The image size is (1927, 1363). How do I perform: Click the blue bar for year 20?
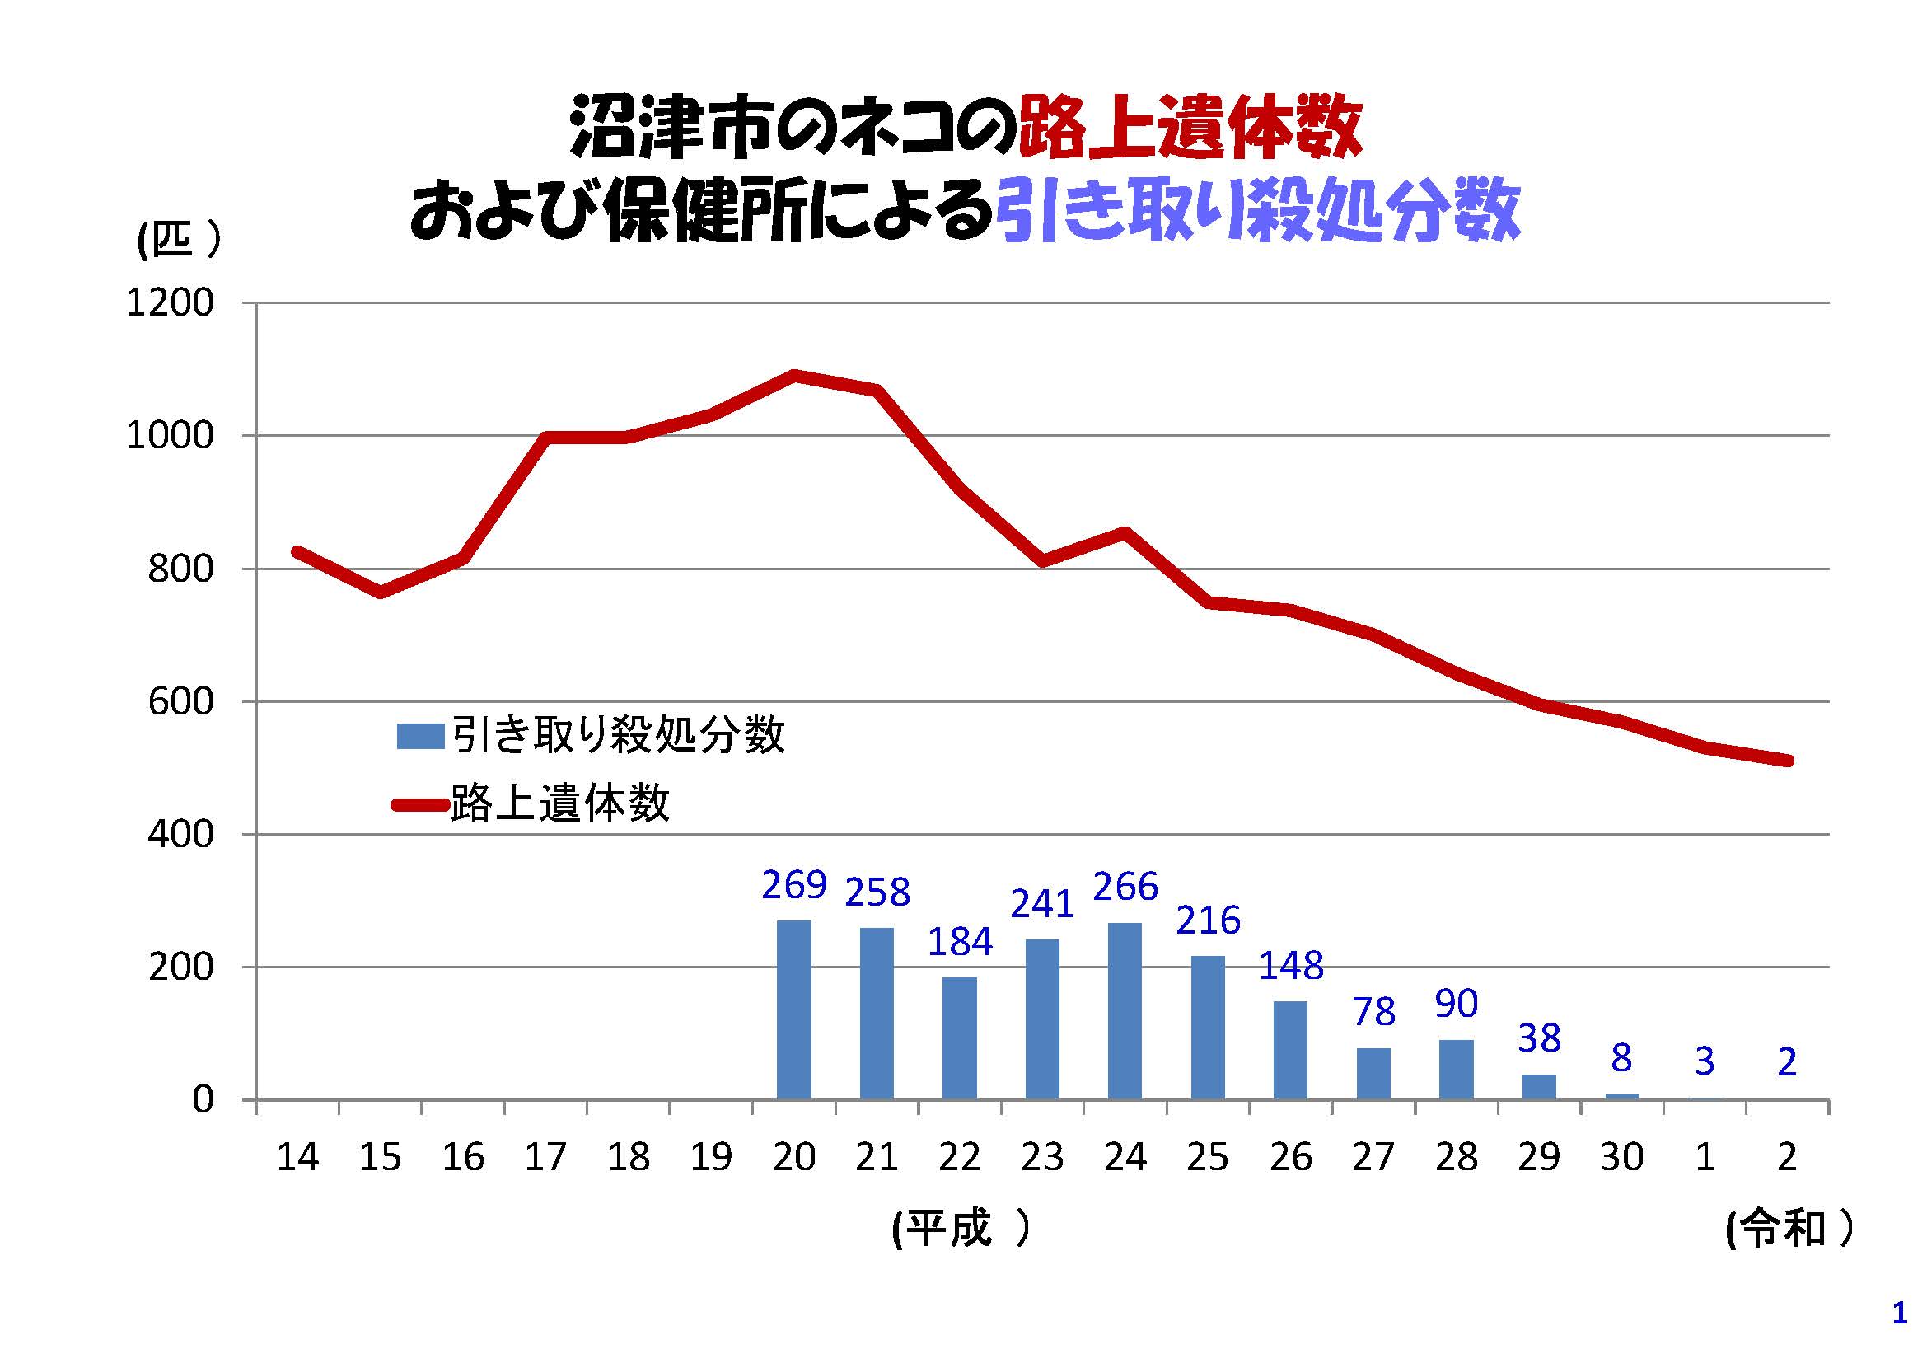pyautogui.click(x=794, y=1009)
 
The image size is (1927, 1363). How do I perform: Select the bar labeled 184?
pyautogui.click(x=959, y=1038)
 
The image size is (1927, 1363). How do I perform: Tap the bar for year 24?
pyautogui.click(x=1125, y=1010)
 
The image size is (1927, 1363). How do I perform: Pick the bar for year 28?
pyautogui.click(x=1456, y=1070)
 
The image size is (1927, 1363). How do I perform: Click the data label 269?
pyautogui.click(x=794, y=884)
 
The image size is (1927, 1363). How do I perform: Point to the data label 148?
pyautogui.click(x=1291, y=966)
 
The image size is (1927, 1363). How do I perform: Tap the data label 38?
pyautogui.click(x=1538, y=1039)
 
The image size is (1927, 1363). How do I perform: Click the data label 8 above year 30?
pyautogui.click(x=1621, y=1058)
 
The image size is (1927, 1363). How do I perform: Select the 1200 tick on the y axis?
pyautogui.click(x=170, y=303)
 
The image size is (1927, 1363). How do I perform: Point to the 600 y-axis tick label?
pyautogui.click(x=180, y=701)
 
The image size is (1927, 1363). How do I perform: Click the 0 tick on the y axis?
pyautogui.click(x=203, y=1099)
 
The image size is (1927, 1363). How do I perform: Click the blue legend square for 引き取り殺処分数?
pyautogui.click(x=419, y=736)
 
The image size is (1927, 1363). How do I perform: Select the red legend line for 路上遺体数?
pyautogui.click(x=419, y=805)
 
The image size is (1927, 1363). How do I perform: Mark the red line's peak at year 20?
pyautogui.click(x=794, y=375)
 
